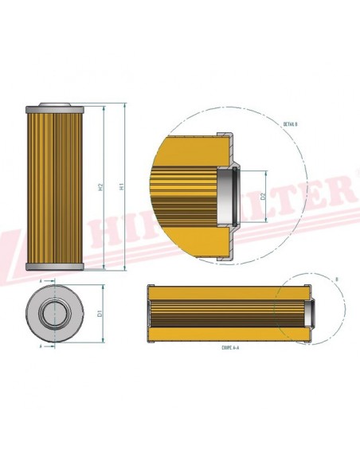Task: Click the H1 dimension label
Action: [121, 188]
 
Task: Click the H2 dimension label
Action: [100, 188]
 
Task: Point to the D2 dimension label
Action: [263, 195]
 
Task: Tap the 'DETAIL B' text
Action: [290, 124]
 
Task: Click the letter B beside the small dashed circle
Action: [337, 279]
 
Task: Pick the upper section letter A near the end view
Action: [40, 281]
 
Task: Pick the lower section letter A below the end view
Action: [40, 346]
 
